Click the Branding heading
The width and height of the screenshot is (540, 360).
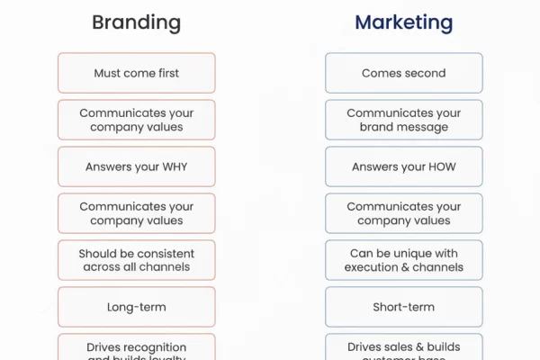[x=136, y=22]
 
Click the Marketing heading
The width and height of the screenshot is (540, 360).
[x=403, y=22]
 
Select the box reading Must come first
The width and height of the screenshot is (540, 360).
[x=136, y=73]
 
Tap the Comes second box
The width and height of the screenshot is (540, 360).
[x=403, y=73]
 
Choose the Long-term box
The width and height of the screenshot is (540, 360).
[x=136, y=307]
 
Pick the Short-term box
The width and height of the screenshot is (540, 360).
[x=403, y=307]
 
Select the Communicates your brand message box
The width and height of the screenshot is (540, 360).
[x=403, y=120]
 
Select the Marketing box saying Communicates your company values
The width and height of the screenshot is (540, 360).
[x=403, y=213]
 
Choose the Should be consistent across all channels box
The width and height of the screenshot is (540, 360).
[x=136, y=260]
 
